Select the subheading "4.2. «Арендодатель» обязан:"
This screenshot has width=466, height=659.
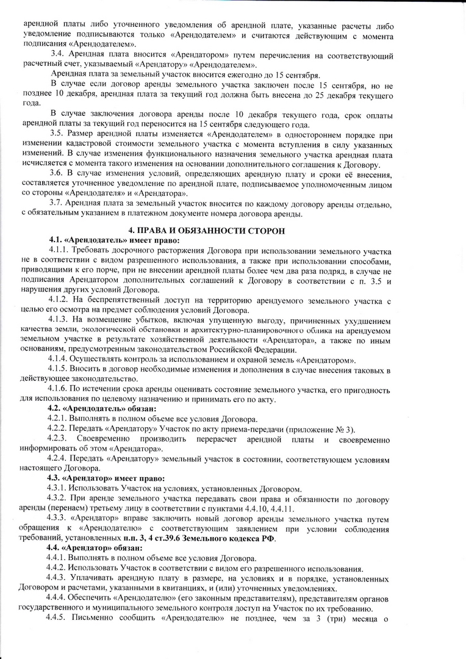102,408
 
